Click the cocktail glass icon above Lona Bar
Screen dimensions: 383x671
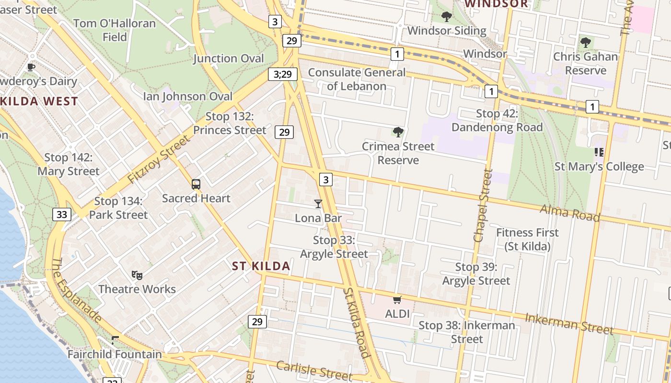318,204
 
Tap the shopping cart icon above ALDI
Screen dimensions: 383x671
397,300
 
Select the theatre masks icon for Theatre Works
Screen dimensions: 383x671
137,275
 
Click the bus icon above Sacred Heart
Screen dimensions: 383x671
196,184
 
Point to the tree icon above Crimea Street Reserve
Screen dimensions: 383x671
398,132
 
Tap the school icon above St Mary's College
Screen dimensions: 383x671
599,152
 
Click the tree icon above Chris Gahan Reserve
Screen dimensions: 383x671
585,43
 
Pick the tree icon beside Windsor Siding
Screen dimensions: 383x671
447,17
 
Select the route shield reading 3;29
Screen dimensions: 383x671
283,74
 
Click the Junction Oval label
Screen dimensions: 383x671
229,58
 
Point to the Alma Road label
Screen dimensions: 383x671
570,213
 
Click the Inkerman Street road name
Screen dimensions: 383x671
569,324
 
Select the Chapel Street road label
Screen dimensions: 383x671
482,205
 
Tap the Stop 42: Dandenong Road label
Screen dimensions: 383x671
497,121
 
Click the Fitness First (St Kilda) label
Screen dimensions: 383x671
527,239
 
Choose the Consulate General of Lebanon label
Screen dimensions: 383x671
357,79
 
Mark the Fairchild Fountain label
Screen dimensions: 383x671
115,355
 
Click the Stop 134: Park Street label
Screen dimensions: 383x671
118,208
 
